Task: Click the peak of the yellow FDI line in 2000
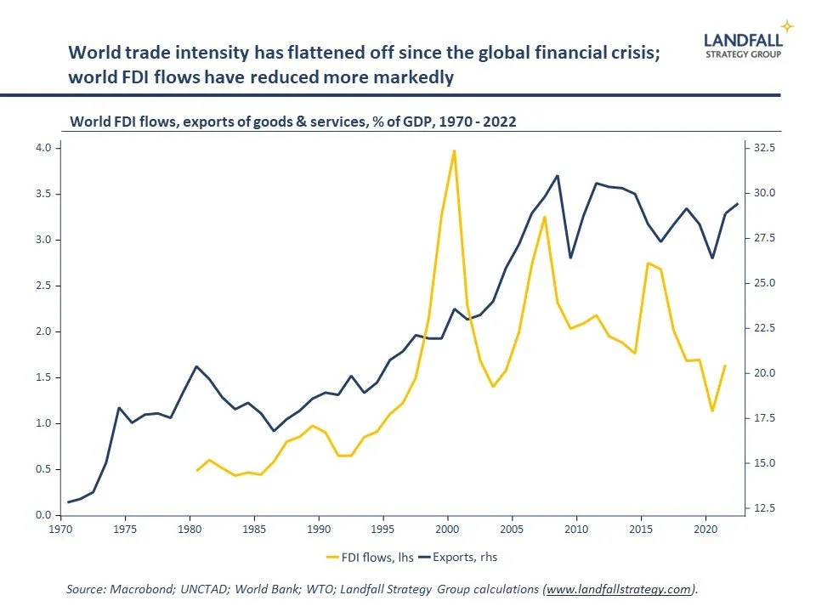pos(454,151)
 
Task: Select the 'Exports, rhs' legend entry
pos(462,558)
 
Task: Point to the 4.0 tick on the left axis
pos(42,148)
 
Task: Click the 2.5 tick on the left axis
pos(42,286)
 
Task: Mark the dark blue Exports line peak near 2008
pos(557,176)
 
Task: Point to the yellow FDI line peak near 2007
pos(544,218)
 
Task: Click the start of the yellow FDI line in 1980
pos(197,470)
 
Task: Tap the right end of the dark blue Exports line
pos(738,203)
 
